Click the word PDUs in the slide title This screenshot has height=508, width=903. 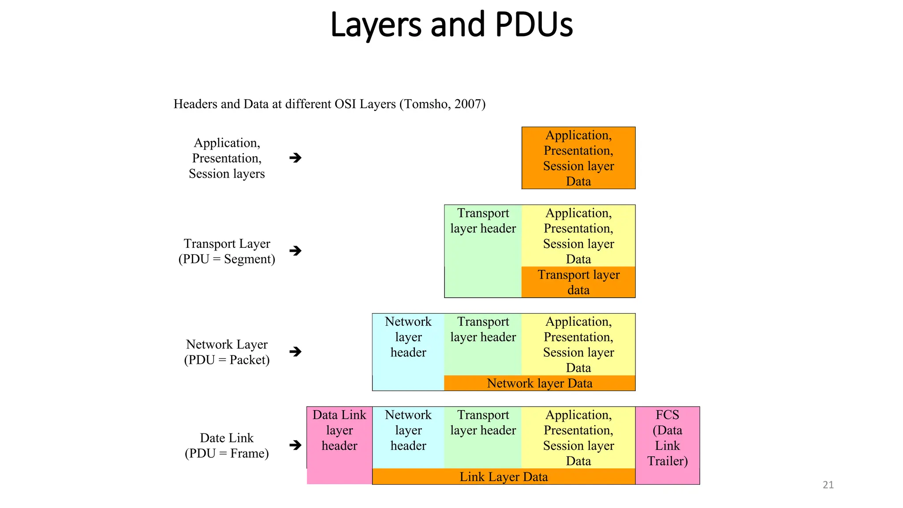(534, 25)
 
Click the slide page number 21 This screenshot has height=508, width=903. (828, 485)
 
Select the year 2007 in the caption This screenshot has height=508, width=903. (468, 104)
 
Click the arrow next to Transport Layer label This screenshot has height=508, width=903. (295, 251)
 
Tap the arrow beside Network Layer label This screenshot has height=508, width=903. (295, 351)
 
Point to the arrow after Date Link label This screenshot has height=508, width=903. (295, 445)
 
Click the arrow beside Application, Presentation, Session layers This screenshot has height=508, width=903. (295, 158)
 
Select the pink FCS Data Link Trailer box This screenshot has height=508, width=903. (667, 445)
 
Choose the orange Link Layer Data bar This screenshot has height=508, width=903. (504, 477)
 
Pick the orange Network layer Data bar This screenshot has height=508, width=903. (539, 383)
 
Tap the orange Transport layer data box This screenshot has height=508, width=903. (578, 282)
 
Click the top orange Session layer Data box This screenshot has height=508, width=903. (578, 158)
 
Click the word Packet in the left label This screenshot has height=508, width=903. (248, 360)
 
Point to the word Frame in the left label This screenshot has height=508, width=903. (248, 453)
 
